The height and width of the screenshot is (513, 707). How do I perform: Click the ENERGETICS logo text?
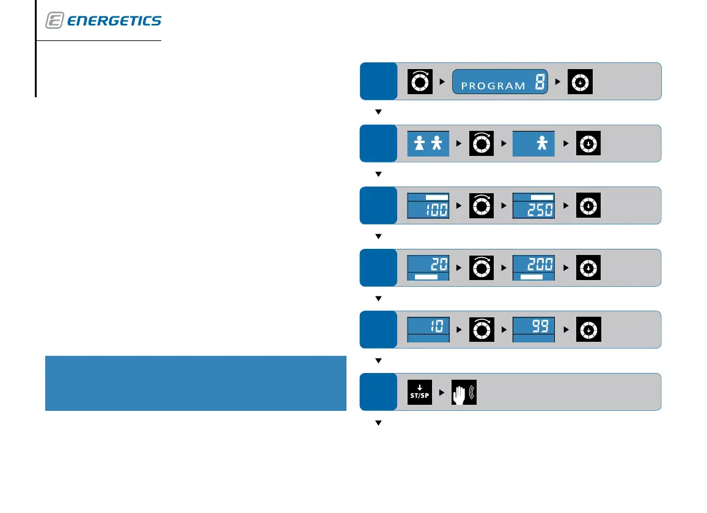tap(114, 21)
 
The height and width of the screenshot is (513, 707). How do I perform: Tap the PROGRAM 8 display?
tap(500, 81)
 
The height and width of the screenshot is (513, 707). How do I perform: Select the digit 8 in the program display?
tap(539, 83)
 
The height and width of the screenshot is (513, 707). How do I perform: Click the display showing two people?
tap(428, 144)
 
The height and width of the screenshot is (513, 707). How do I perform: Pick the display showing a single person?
tap(533, 144)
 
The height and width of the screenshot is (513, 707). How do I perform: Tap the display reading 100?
tap(428, 205)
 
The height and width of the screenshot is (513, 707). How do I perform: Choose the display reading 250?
tap(533, 205)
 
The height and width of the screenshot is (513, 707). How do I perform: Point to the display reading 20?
tap(428, 268)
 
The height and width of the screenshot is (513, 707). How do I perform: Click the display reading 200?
tap(533, 268)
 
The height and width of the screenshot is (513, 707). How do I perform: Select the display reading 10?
tap(428, 330)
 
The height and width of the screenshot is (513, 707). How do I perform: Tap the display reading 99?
tap(533, 330)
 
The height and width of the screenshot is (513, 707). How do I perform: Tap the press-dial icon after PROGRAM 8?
tap(580, 81)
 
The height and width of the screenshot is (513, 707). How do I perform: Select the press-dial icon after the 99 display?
tap(587, 330)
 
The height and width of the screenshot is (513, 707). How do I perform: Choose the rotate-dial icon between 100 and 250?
tap(481, 205)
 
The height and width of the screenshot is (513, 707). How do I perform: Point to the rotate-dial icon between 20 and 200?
tap(481, 268)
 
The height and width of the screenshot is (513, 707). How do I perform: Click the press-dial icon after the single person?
tap(587, 144)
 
